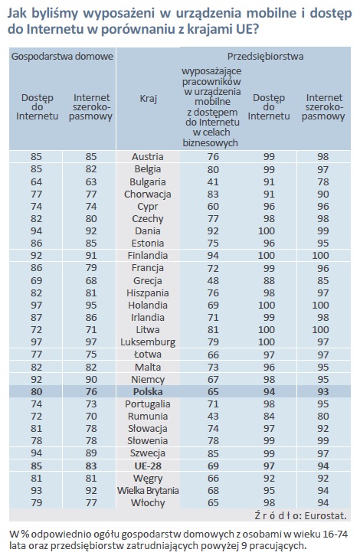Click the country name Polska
pyautogui.click(x=148, y=391)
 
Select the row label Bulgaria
pyautogui.click(x=148, y=181)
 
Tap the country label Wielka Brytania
pyautogui.click(x=148, y=491)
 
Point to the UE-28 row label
pyautogui.click(x=148, y=466)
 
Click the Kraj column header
pyautogui.click(x=148, y=98)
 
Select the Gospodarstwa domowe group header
pyautogui.click(x=62, y=57)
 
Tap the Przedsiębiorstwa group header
pyautogui.click(x=266, y=57)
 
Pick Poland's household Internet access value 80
pyautogui.click(x=36, y=392)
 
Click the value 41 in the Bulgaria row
pyautogui.click(x=213, y=181)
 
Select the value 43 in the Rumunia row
pyautogui.click(x=213, y=417)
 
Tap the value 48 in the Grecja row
pyautogui.click(x=213, y=280)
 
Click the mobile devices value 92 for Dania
pyautogui.click(x=213, y=231)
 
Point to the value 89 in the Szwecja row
pyautogui.click(x=91, y=453)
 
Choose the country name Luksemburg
pyautogui.click(x=148, y=342)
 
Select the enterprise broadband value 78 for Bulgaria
pyautogui.click(x=323, y=181)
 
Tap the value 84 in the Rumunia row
pyautogui.click(x=269, y=417)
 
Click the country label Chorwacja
pyautogui.click(x=148, y=195)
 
